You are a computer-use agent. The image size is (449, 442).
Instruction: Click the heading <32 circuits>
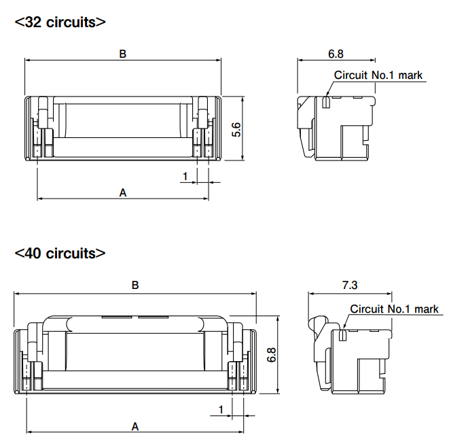(x=60, y=22)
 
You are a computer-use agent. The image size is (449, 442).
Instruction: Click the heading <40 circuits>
(x=60, y=254)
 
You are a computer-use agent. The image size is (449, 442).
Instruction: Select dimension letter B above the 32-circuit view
(x=122, y=54)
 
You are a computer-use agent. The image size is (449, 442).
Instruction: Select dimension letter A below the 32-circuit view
(x=123, y=192)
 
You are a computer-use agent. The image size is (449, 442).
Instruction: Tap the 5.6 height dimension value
(x=236, y=130)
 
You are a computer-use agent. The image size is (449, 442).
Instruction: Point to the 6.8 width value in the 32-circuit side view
(x=336, y=54)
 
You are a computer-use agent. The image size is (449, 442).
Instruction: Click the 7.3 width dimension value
(x=350, y=285)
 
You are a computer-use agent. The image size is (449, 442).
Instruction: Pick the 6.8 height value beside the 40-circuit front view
(x=272, y=355)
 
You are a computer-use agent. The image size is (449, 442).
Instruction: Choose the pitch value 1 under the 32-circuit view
(x=185, y=176)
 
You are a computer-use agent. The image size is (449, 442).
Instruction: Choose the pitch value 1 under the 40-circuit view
(x=221, y=409)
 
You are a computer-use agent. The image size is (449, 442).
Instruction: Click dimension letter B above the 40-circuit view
(x=135, y=285)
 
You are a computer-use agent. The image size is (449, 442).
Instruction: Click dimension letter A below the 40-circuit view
(x=135, y=426)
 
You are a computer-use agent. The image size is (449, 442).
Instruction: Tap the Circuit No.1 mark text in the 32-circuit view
(x=378, y=75)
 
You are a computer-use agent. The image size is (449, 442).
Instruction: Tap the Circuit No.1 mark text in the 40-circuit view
(x=394, y=309)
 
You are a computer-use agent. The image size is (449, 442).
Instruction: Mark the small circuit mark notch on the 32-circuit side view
(x=326, y=102)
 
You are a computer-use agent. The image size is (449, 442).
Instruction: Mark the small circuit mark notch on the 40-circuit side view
(x=342, y=335)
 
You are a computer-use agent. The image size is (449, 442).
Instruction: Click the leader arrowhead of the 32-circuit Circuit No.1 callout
(x=328, y=93)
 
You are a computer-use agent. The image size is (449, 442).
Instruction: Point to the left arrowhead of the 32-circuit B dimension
(x=28, y=60)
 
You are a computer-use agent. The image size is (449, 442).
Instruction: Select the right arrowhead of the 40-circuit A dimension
(x=240, y=432)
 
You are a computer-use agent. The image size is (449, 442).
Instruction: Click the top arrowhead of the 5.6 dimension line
(x=243, y=100)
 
